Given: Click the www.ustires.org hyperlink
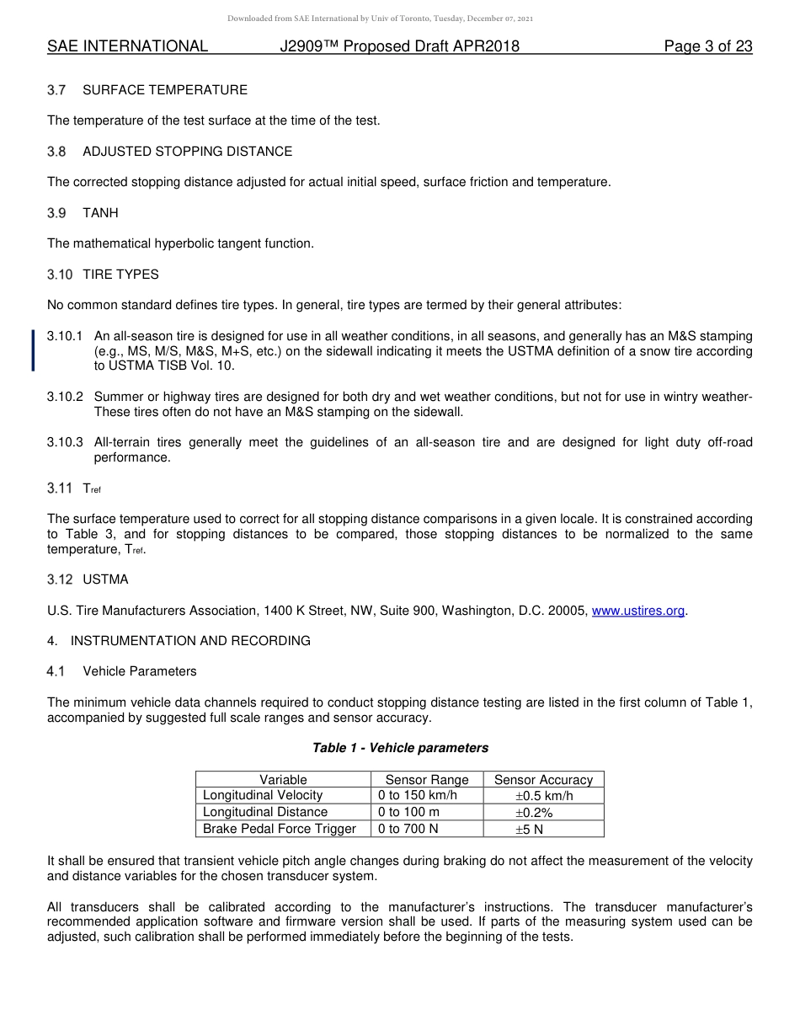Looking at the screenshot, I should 638,611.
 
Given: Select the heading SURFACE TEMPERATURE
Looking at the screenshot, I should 165,90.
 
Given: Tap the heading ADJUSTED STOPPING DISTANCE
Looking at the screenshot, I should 187,152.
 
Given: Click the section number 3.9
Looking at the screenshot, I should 56,213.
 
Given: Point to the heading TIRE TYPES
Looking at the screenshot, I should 120,275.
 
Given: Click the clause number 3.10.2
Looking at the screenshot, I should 65,397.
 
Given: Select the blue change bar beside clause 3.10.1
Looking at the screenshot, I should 34,350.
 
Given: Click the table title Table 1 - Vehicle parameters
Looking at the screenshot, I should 400,748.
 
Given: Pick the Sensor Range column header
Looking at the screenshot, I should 427,780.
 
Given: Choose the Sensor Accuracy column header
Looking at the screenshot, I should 543,780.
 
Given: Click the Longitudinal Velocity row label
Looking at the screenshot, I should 263,795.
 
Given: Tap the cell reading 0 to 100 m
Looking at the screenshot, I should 408,812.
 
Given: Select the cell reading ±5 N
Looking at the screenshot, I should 529,829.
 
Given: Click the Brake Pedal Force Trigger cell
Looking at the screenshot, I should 280,829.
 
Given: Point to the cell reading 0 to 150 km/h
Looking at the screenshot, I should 418,795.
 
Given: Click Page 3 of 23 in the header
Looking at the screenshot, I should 707,46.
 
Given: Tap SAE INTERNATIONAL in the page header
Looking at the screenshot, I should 127,46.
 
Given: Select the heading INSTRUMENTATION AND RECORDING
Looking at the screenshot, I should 190,641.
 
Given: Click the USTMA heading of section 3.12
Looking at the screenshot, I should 105,579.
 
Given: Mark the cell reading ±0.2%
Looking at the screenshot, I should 534,812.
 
